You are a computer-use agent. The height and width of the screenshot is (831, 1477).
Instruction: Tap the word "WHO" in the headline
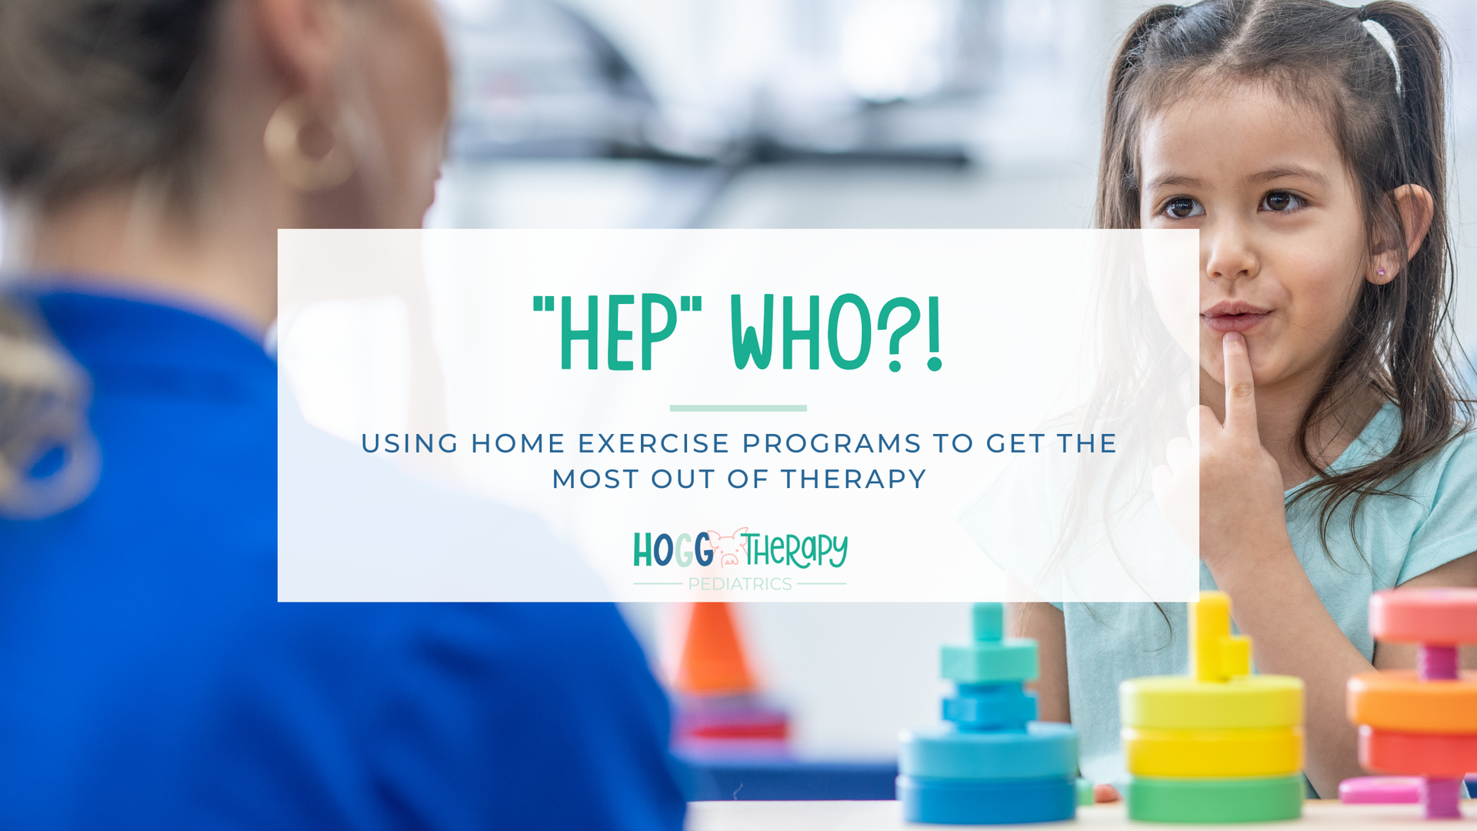coord(801,332)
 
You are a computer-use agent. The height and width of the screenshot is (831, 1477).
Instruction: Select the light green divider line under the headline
coord(738,408)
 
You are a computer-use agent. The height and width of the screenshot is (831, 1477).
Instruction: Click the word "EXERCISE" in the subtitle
coord(654,444)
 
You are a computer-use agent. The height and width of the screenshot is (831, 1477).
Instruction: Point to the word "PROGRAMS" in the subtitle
coord(832,444)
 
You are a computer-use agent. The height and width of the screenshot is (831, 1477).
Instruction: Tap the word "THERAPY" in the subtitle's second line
coord(854,479)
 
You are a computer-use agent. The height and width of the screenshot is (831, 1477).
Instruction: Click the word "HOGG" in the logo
coord(673,550)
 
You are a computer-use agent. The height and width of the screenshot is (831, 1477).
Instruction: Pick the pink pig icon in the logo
coord(728,548)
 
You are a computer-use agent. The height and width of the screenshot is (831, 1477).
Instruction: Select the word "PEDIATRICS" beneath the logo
coord(739,584)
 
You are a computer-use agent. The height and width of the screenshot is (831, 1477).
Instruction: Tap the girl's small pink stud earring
coord(1382,272)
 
